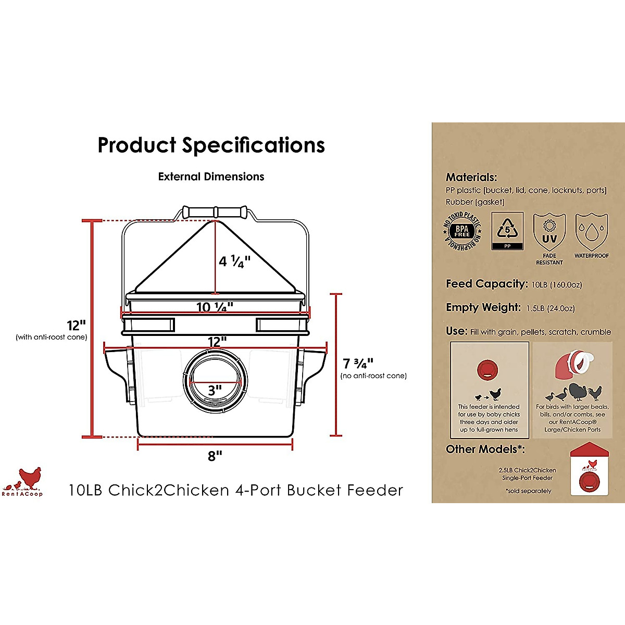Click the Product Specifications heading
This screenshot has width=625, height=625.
(x=211, y=145)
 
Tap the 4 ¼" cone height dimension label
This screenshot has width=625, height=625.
(x=235, y=261)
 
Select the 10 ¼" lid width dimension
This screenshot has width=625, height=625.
(x=215, y=307)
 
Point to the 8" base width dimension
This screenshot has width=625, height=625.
(x=215, y=456)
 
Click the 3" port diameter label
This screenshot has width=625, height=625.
(x=215, y=390)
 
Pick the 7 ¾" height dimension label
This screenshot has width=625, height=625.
(x=358, y=364)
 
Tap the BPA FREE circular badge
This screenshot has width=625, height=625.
(x=462, y=231)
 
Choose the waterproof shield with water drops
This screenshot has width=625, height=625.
(x=592, y=232)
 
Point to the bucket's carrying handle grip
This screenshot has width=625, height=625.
(x=215, y=211)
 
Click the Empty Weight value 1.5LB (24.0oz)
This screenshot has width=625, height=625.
(x=550, y=308)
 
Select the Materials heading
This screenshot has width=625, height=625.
(x=471, y=177)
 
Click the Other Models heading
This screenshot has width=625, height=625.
(x=485, y=449)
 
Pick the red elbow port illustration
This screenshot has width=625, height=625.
(x=572, y=365)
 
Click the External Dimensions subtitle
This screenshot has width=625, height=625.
(x=211, y=177)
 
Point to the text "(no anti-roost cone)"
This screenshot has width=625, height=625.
(x=373, y=376)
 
